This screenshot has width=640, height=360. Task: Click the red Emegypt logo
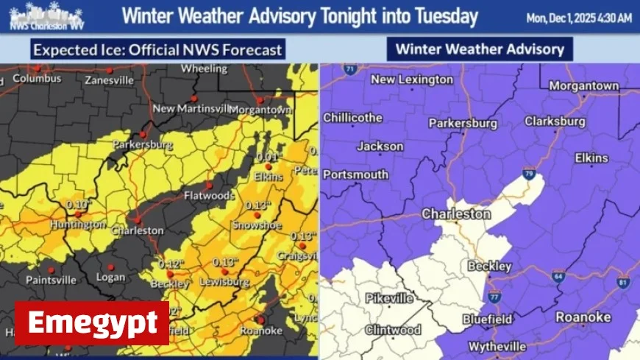(x=92, y=322)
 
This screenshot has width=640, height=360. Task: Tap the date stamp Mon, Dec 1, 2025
(x=580, y=18)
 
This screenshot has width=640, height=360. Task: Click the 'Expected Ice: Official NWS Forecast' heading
(x=157, y=50)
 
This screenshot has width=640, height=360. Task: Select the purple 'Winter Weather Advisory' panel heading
(x=480, y=49)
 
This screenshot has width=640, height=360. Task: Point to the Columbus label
(x=38, y=77)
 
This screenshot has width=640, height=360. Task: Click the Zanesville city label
(x=109, y=80)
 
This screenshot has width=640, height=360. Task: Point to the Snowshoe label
(x=257, y=225)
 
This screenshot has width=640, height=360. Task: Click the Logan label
(x=111, y=278)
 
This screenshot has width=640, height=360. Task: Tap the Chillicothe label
(x=353, y=117)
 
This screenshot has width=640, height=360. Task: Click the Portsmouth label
(x=356, y=174)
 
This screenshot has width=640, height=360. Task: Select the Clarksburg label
(x=555, y=121)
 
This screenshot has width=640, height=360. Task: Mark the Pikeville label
(x=391, y=299)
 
